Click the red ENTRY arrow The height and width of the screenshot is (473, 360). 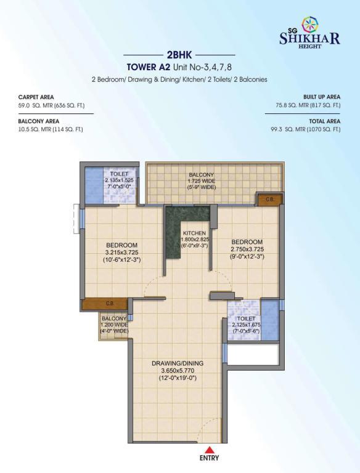[209, 450]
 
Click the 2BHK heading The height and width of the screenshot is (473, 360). [179, 55]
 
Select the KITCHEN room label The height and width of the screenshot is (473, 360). [195, 233]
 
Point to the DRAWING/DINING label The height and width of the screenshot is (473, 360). [178, 363]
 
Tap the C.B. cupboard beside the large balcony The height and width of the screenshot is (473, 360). [270, 200]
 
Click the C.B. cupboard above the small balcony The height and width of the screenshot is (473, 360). [105, 304]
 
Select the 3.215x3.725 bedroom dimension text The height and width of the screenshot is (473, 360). [121, 253]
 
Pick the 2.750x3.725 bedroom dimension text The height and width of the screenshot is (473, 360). [247, 249]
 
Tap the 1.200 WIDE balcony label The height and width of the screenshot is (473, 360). [114, 325]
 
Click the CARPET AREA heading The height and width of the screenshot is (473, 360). [36, 97]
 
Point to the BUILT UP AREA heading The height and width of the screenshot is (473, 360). [322, 97]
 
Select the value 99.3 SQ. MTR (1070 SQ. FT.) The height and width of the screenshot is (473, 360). [306, 129]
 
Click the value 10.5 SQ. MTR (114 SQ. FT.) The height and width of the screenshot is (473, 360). [51, 129]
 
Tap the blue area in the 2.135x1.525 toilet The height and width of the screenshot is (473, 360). [94, 185]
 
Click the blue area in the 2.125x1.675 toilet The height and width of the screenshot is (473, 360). [270, 320]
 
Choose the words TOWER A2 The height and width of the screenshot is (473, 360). [149, 67]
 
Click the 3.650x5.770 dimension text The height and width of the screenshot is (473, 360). [178, 370]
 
